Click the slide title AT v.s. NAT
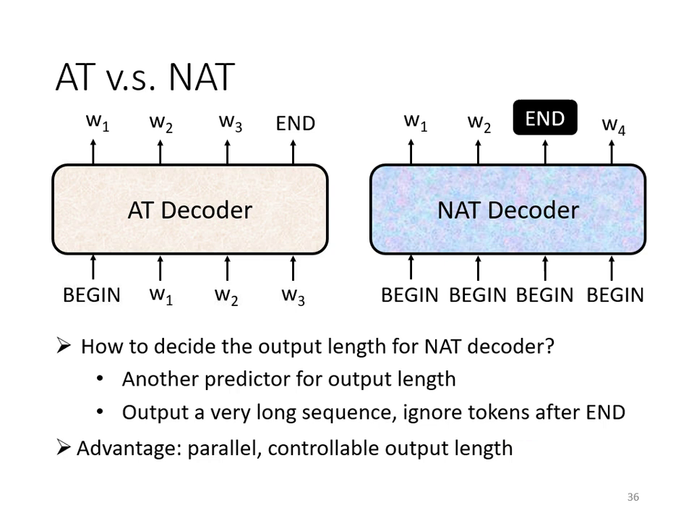coord(145,77)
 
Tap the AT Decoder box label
coord(189,210)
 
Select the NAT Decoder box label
coord(507,210)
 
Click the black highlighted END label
coord(544,118)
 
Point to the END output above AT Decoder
coord(295,123)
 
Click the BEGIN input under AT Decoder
coord(92,295)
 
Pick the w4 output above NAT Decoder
coord(613,125)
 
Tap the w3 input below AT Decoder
coord(293,295)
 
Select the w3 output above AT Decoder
coord(230,123)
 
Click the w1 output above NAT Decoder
coord(415,122)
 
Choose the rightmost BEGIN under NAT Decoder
coord(614,295)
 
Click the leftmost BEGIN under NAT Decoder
coord(409,295)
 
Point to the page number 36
coord(633,497)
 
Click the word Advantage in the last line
coord(129,449)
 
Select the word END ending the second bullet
coord(605,412)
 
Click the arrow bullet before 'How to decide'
coord(64,346)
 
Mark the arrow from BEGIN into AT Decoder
coord(93,268)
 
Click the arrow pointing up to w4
coord(612,152)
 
